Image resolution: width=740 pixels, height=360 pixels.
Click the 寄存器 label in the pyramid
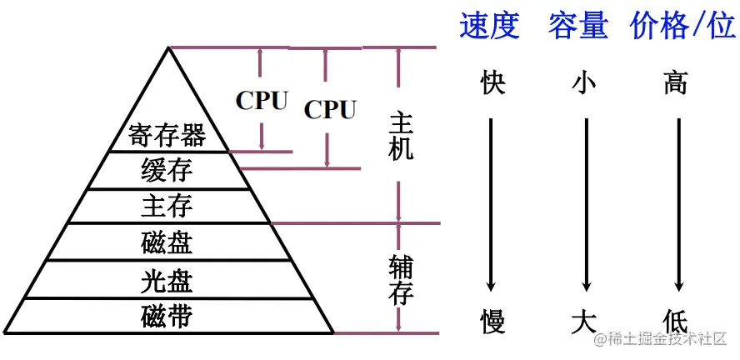click(x=167, y=134)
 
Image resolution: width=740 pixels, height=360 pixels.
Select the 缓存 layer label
click(x=167, y=170)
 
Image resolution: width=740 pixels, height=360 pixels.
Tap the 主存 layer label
click(x=167, y=205)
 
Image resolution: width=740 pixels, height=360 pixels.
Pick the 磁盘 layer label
click(x=167, y=242)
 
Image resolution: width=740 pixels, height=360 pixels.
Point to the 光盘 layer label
click(x=167, y=281)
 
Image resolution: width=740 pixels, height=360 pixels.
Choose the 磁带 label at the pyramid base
click(x=167, y=317)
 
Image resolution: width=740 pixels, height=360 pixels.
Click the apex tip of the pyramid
click(x=168, y=48)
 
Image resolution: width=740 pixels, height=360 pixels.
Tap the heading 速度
click(x=490, y=27)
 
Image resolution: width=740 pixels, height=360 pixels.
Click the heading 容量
click(x=577, y=27)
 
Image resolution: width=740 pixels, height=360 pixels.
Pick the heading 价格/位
click(x=682, y=27)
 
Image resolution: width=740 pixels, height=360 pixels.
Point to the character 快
click(x=493, y=84)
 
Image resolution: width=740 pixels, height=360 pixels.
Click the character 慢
click(x=493, y=320)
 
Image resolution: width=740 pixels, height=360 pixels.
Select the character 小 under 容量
click(x=586, y=84)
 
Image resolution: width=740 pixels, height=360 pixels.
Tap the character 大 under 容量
click(x=586, y=320)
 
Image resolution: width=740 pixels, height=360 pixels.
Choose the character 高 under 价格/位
click(x=677, y=84)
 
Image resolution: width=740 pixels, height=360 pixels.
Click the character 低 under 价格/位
click(x=677, y=320)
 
